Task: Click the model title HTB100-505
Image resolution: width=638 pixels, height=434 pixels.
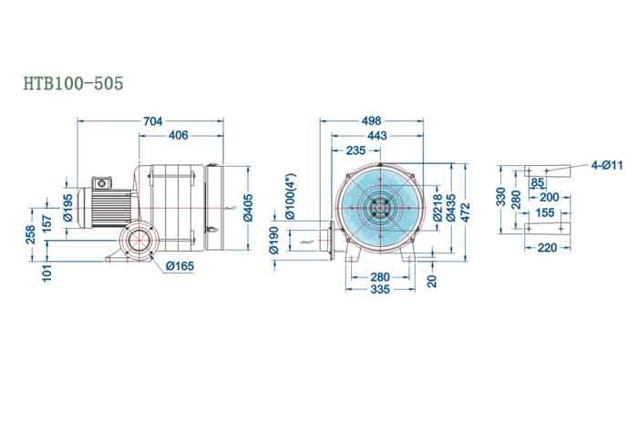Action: coord(73,83)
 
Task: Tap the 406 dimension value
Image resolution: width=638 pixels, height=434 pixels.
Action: coord(179,135)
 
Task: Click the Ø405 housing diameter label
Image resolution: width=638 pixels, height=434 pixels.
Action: coord(249,208)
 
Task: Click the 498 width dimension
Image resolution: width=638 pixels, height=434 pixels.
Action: coord(370,120)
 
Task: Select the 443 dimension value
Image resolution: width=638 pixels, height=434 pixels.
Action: coord(377,135)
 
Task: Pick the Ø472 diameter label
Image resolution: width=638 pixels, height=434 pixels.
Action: coord(465,207)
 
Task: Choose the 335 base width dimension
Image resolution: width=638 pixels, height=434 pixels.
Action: coord(379,289)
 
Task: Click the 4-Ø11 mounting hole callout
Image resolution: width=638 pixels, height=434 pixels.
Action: coord(606,165)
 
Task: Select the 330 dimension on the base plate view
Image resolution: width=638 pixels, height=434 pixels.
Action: coord(500,197)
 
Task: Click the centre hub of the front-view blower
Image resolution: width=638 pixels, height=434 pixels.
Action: coord(376,208)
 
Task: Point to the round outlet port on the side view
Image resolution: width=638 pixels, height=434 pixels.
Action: coord(139,243)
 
